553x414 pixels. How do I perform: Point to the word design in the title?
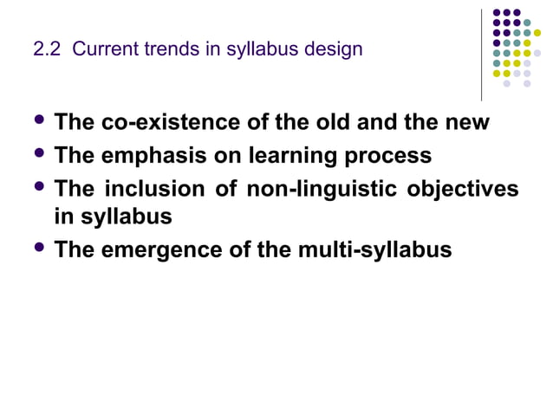(334, 49)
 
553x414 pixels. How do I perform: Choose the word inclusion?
(159, 190)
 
